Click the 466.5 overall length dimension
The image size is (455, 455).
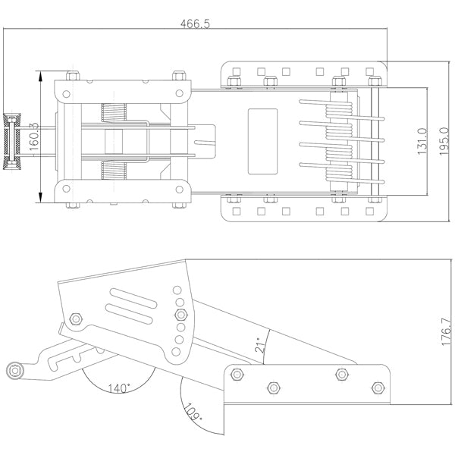click(195, 24)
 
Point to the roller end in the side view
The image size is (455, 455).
click(14, 370)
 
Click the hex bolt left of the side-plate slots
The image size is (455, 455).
click(75, 318)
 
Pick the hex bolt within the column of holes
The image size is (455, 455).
click(180, 314)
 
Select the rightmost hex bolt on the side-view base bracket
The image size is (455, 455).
click(377, 388)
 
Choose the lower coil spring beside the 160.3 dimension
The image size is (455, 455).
click(112, 171)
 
